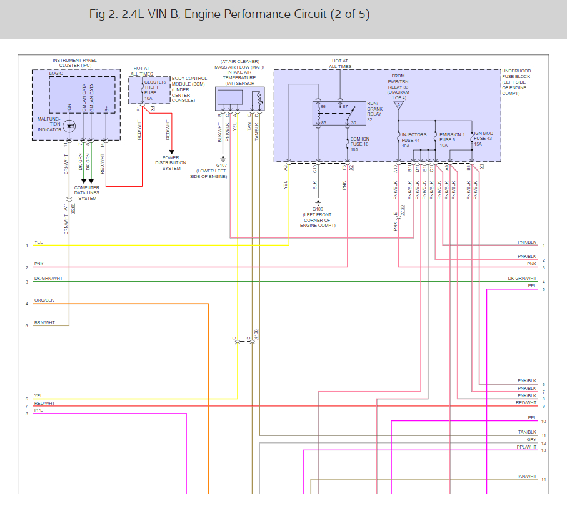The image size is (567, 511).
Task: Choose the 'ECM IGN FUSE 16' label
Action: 361,144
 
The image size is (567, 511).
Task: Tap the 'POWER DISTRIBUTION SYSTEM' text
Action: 171,163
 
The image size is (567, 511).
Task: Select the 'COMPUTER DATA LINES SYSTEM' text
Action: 86,193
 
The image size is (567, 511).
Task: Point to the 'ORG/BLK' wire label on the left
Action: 44,300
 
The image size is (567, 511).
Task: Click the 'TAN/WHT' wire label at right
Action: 526,477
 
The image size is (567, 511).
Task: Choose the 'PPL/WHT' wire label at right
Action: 526,447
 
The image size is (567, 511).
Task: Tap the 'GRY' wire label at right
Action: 531,440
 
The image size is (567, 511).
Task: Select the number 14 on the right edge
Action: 544,480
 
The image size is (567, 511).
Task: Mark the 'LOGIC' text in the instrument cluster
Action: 56,73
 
